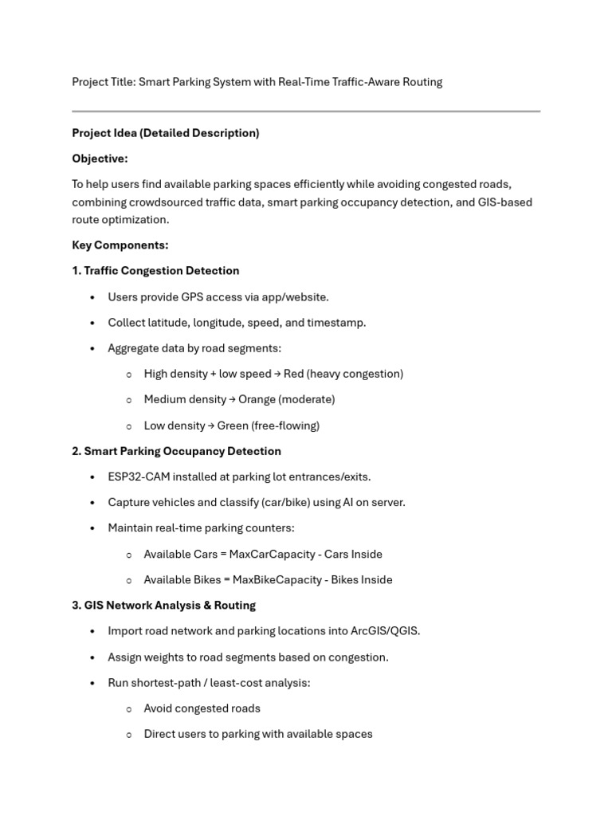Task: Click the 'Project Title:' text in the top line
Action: point(104,82)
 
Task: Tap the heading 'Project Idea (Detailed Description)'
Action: point(165,133)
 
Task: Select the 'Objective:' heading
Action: point(100,159)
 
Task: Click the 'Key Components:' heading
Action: point(120,245)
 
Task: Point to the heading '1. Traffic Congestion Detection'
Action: point(155,271)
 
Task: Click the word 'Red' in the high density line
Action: point(293,374)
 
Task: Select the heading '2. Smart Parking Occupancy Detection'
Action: point(176,451)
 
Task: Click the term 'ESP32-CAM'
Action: point(138,477)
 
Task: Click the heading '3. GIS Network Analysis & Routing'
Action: point(163,606)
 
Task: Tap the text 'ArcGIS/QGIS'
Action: point(384,631)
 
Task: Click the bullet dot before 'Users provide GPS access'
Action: point(92,297)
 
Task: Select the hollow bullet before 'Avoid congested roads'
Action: point(128,709)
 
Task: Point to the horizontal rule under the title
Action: point(306,111)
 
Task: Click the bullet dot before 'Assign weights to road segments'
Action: point(92,657)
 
